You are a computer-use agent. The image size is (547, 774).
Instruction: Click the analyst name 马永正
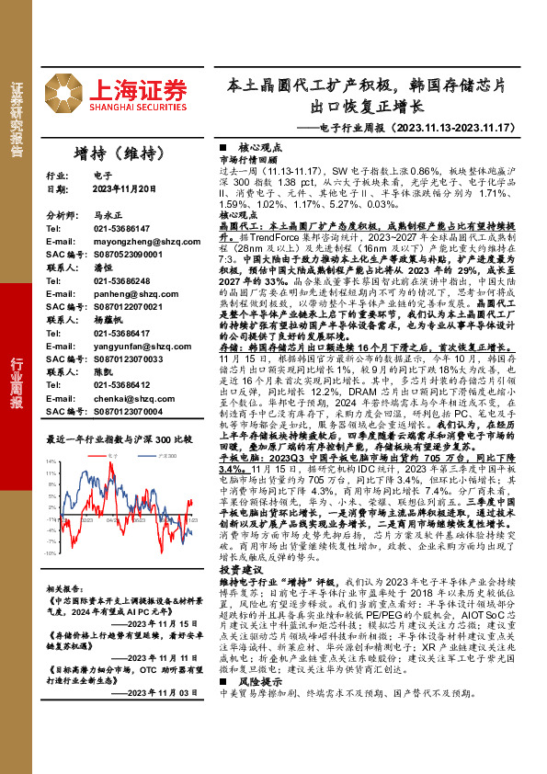[x=107, y=213]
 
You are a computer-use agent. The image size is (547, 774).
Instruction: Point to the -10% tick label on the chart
[x=51, y=554]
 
